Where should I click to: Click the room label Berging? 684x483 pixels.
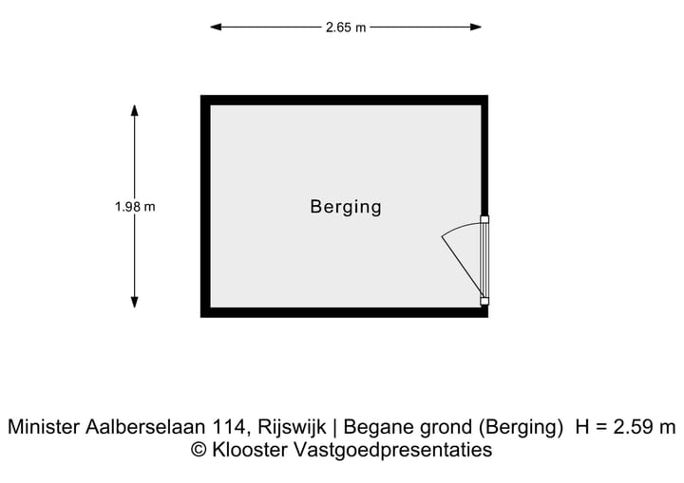[346, 207]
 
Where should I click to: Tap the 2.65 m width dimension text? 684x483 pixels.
[346, 28]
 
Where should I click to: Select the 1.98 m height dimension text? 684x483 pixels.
[135, 207]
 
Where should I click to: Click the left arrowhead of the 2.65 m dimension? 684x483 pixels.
[216, 27]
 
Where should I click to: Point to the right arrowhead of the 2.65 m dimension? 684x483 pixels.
[476, 27]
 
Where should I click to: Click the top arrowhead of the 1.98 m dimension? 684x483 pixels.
[134, 110]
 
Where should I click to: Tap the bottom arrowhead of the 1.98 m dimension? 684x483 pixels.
[134, 303]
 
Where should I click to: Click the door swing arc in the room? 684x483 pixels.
[460, 228]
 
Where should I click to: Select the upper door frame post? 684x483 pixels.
[484, 219]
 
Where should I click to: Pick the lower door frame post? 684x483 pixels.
[484, 301]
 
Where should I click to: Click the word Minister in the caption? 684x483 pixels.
[44, 427]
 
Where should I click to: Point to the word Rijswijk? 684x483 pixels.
[292, 428]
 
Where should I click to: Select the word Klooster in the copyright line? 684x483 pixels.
[250, 450]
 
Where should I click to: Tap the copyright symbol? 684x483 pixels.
[199, 450]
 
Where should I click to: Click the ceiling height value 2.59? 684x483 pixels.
[632, 427]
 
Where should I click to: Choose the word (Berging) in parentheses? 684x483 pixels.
[521, 428]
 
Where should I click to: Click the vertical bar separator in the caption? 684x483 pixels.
[334, 428]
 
